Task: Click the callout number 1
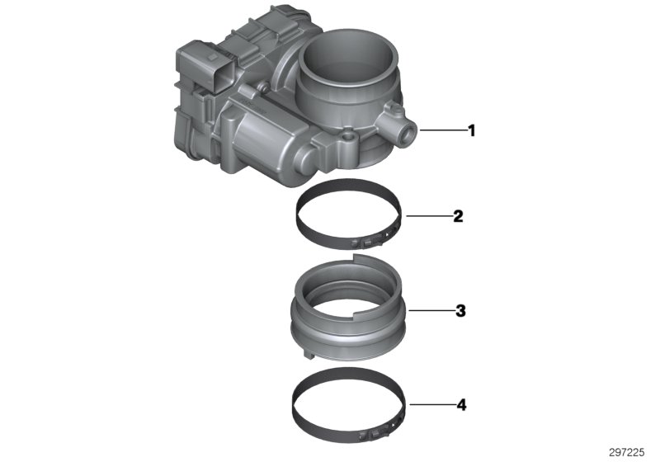tap(471, 130)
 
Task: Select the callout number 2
tap(458, 217)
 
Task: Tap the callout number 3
tap(460, 311)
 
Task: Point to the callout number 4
tap(460, 405)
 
